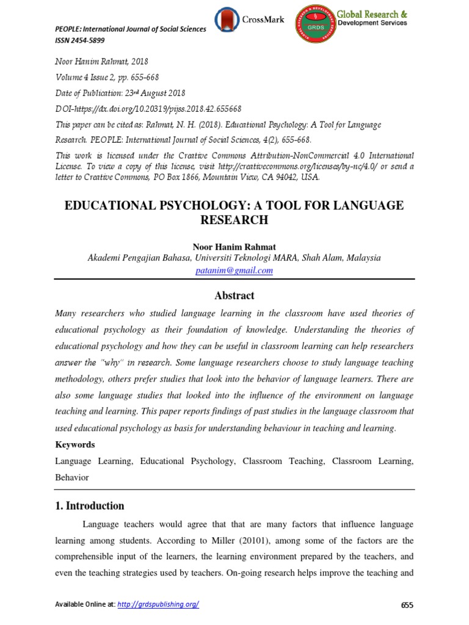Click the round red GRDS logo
[316, 24]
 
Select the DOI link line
[148, 109]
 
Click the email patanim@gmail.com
[234, 270]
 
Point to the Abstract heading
[234, 295]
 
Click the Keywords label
[75, 444]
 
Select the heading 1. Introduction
[90, 505]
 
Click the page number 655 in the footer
[407, 605]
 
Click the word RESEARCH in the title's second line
[234, 219]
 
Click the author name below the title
[234, 247]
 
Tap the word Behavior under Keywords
[72, 477]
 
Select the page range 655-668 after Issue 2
[141, 78]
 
